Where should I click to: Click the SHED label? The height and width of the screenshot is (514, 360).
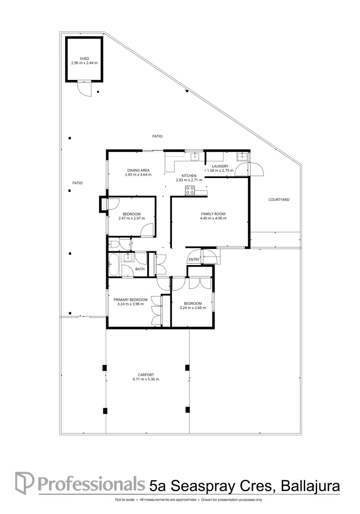[84, 59]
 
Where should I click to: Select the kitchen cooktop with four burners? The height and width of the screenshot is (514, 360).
[190, 191]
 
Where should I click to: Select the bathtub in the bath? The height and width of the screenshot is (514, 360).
[114, 265]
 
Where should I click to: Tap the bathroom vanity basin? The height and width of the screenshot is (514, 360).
[128, 257]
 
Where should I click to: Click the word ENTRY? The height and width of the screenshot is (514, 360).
[194, 259]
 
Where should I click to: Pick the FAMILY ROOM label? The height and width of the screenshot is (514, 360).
[213, 214]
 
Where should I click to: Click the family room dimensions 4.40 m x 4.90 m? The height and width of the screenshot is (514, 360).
[213, 218]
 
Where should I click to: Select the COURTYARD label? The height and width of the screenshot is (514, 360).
[279, 200]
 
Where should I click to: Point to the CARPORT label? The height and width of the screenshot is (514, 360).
[146, 375]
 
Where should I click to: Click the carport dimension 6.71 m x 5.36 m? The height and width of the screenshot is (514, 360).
[146, 379]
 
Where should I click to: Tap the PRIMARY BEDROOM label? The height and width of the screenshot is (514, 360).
[130, 299]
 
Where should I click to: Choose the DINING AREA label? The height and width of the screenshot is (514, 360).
[138, 170]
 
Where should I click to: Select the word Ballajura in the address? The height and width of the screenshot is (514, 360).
[310, 486]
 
